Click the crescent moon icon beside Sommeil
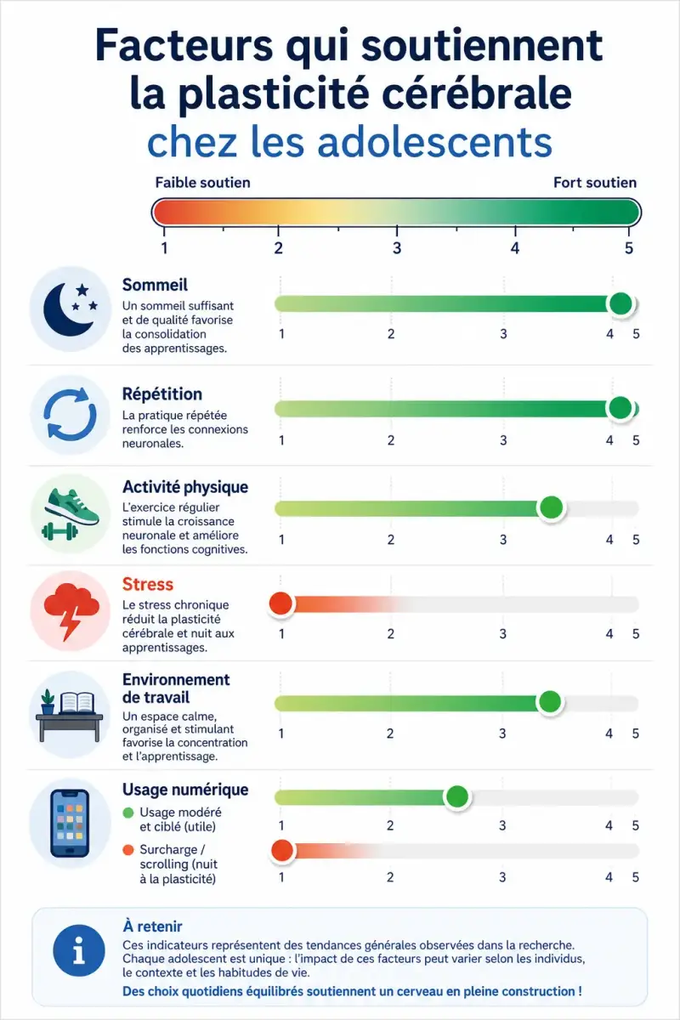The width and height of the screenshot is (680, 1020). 67,309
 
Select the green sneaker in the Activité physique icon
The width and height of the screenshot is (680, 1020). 73,506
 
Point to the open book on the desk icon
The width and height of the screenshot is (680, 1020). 77,702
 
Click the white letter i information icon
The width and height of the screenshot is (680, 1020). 79,950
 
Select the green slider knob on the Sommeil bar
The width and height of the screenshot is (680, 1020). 620,303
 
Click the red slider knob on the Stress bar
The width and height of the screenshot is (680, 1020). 281,603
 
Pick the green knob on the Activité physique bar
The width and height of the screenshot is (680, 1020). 551,507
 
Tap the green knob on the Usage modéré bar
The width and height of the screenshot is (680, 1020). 456,796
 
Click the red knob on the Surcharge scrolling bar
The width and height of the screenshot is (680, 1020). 282,850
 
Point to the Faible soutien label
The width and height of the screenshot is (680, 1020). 202,183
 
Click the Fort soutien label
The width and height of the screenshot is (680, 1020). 595,183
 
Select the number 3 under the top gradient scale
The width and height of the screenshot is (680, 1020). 397,248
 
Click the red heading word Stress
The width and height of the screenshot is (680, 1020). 148,584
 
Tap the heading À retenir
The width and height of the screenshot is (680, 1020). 153,926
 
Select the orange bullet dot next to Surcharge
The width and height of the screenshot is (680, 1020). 128,850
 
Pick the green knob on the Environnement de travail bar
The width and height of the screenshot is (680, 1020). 550,702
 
